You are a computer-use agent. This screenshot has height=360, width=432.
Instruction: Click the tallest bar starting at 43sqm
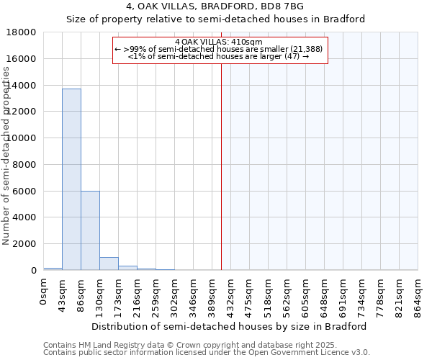point(71,179)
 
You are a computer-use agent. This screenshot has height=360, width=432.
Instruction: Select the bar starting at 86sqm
point(90,230)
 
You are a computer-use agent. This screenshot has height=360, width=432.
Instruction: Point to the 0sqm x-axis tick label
point(43,291)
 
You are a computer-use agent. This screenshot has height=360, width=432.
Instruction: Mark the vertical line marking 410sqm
point(221,166)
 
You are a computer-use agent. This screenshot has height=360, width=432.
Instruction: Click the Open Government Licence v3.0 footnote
point(207,353)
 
